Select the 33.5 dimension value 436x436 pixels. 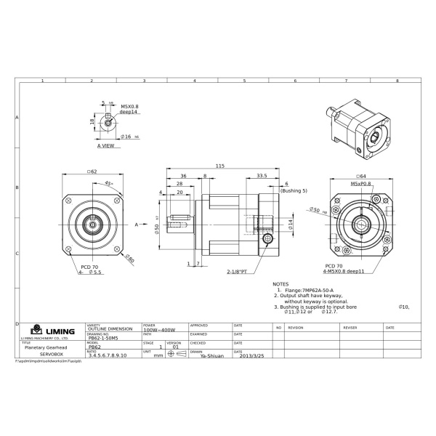(262, 175)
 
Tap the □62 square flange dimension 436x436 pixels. (92, 171)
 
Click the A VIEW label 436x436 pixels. (106, 145)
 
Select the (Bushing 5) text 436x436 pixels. (294, 190)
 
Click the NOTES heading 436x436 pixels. (280, 284)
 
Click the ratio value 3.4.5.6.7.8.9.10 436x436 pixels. (108, 356)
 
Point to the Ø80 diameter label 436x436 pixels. (129, 258)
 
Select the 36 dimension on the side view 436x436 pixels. (183, 175)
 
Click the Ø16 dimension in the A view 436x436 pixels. (126, 136)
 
